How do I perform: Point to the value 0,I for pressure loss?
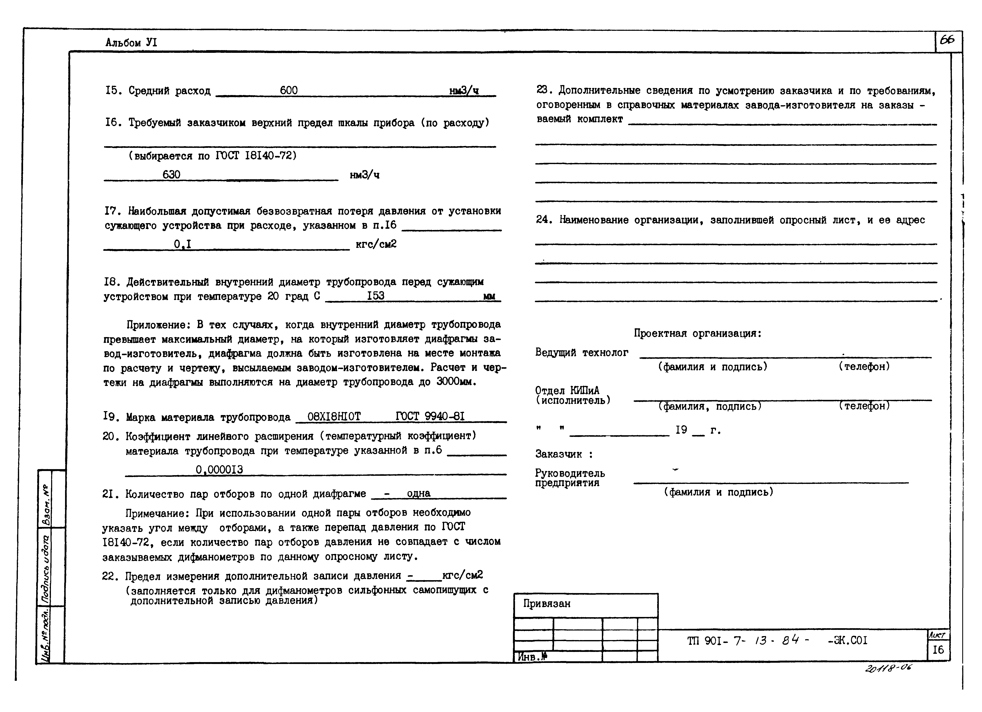point(183,244)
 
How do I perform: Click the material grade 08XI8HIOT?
point(334,417)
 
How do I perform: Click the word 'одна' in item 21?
point(419,493)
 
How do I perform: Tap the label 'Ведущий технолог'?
point(582,352)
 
